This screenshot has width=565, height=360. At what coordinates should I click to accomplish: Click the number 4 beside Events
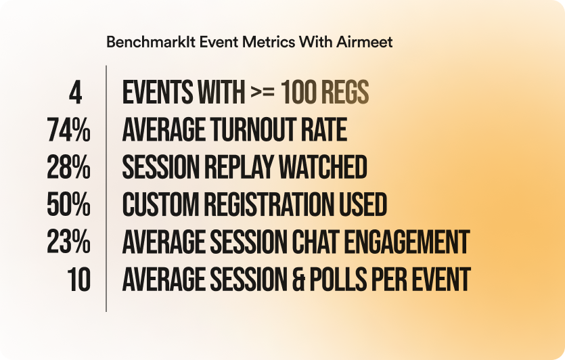(x=75, y=93)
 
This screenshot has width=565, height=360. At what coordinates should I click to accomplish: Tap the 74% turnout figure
(x=68, y=130)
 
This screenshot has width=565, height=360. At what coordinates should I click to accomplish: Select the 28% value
(x=68, y=168)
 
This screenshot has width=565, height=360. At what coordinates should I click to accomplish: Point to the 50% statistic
(x=68, y=204)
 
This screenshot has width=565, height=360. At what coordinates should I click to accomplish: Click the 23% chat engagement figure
(x=68, y=242)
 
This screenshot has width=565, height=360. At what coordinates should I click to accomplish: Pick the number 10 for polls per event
(x=78, y=279)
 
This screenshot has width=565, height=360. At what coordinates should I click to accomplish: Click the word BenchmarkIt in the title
(x=151, y=42)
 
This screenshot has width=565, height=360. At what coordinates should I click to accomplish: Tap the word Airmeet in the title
(x=364, y=42)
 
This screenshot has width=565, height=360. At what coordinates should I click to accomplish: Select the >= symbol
(x=263, y=92)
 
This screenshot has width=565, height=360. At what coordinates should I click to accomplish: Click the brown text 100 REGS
(x=325, y=93)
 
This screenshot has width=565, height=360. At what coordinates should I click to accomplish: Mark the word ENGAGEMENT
(x=407, y=242)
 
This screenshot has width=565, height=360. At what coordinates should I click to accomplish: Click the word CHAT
(x=315, y=242)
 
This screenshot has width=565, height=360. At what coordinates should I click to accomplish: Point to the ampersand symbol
(x=298, y=279)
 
